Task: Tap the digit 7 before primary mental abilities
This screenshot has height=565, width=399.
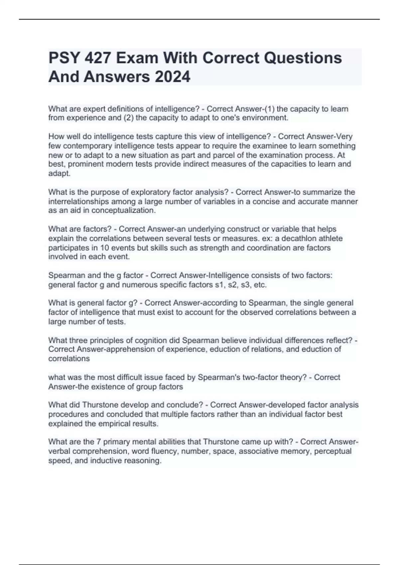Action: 98,442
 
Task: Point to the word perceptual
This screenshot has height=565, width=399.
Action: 332,451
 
